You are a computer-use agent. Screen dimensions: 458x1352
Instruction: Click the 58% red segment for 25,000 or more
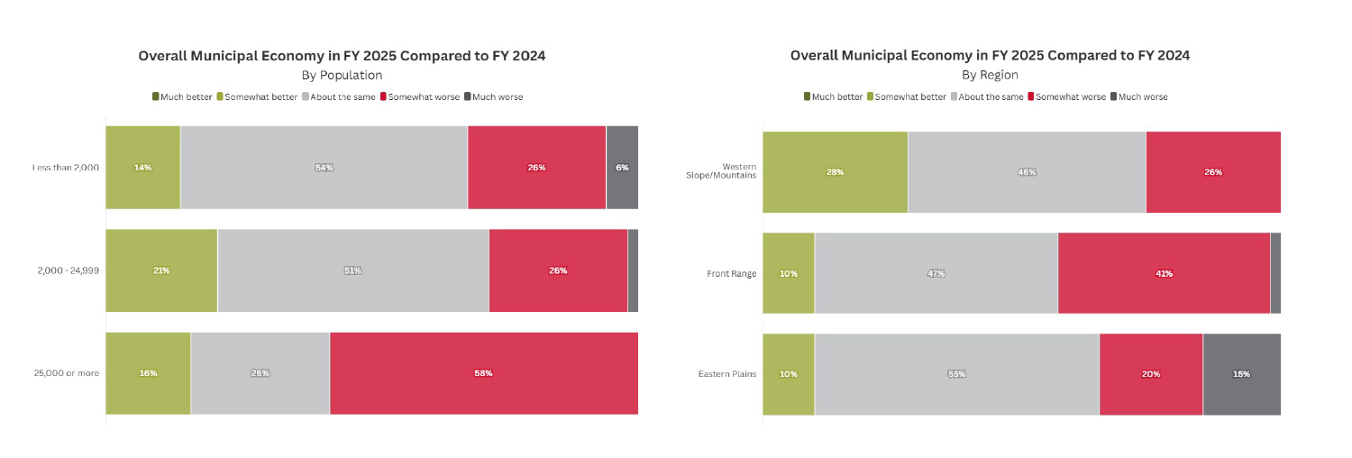(484, 373)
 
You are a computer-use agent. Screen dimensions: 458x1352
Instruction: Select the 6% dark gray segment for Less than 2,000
(622, 168)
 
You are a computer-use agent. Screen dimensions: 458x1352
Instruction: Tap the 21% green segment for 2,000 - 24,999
(161, 270)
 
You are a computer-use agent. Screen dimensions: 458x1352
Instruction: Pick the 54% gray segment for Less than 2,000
(324, 168)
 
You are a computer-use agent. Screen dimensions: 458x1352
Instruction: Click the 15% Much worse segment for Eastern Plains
(1241, 374)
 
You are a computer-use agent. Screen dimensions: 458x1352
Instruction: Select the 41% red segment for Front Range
(1164, 273)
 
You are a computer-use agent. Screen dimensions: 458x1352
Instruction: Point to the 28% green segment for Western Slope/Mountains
(835, 172)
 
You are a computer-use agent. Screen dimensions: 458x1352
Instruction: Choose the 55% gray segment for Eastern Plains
(956, 374)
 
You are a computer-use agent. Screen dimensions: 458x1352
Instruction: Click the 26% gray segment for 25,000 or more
(260, 373)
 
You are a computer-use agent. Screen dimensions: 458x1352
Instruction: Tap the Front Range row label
(731, 273)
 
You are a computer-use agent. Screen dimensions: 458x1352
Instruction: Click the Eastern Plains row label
(726, 374)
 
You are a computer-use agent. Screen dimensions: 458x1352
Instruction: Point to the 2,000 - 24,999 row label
(69, 270)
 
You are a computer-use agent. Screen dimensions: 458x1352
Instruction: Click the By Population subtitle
(342, 75)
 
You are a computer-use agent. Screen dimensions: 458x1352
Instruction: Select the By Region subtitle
(990, 75)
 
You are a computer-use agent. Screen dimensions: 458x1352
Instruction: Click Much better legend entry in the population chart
(182, 96)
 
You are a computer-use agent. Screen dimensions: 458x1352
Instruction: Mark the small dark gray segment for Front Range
(1274, 273)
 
